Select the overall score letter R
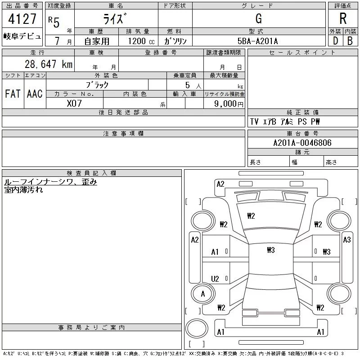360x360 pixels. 343,18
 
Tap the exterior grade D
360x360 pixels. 335,40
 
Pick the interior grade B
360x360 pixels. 350,40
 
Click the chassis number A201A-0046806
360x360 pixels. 302,143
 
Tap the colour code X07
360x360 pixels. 75,103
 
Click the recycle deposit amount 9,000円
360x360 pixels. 229,103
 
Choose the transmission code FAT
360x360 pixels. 13,94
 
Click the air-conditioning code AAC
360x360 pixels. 35,94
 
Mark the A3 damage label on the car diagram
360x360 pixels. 346,240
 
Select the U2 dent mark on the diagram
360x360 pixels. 215,279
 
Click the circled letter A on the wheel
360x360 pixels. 202,294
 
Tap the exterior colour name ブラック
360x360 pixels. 97,84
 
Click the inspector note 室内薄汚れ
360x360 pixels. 23,190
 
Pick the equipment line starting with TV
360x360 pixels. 285,122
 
